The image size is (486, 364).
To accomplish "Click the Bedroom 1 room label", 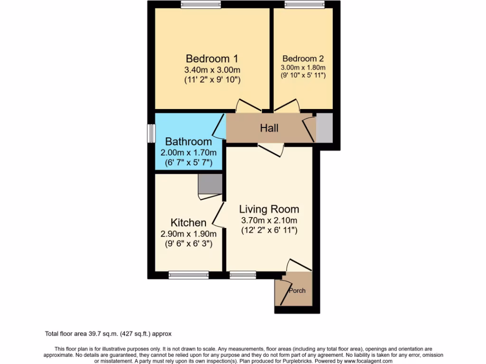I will [x=212, y=59].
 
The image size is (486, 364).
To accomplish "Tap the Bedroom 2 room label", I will [x=303, y=59].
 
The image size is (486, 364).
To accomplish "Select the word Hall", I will [x=269, y=128].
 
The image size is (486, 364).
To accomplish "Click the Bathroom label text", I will [x=188, y=142].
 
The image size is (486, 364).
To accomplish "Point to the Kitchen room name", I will [x=188, y=223].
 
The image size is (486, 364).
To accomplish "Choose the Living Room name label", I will [x=269, y=209].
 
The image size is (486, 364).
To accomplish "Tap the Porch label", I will [x=298, y=291].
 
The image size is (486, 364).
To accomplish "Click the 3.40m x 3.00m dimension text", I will [x=212, y=70].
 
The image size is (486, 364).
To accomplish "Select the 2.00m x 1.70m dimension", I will [x=188, y=153].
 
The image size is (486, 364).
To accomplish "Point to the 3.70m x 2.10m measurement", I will [x=269, y=220].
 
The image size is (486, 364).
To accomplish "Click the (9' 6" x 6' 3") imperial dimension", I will [x=188, y=244].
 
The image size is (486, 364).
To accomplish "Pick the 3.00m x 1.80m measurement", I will [x=303, y=68].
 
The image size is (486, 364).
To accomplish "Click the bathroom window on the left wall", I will [x=150, y=133].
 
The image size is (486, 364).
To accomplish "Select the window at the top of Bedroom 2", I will [x=304, y=5].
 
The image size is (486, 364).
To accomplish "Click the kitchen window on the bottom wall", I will [x=189, y=274].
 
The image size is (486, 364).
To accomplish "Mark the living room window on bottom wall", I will [x=243, y=274].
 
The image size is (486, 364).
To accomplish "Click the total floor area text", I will [x=111, y=334].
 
